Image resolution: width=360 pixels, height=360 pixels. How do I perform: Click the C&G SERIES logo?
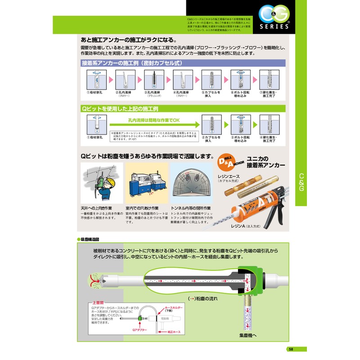[x=273, y=18]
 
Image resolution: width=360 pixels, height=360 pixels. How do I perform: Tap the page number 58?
[x=291, y=349]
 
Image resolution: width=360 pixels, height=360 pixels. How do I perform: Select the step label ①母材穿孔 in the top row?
[x=95, y=93]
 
